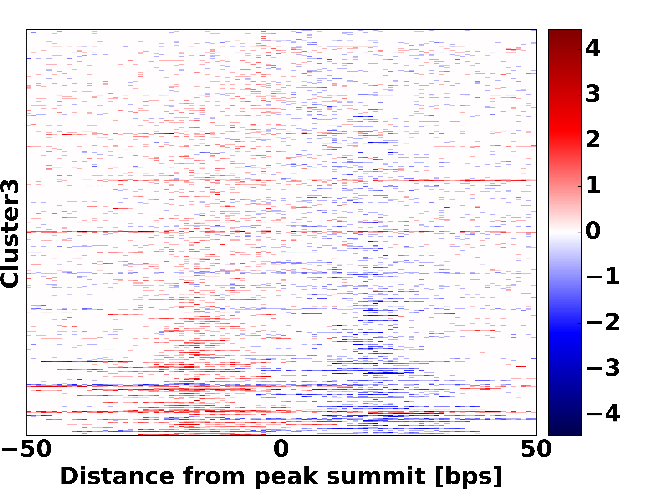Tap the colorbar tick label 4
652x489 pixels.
[593, 48]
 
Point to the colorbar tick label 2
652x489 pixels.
[593, 139]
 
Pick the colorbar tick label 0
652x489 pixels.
[593, 231]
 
